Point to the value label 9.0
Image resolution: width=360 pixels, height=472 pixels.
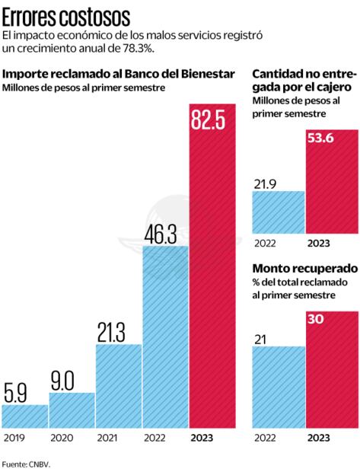(x=72, y=378)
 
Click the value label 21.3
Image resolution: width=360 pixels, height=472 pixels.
(x=118, y=332)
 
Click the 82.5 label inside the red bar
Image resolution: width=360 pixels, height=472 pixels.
(x=213, y=123)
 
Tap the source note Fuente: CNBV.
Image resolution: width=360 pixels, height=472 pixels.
(x=26, y=463)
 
